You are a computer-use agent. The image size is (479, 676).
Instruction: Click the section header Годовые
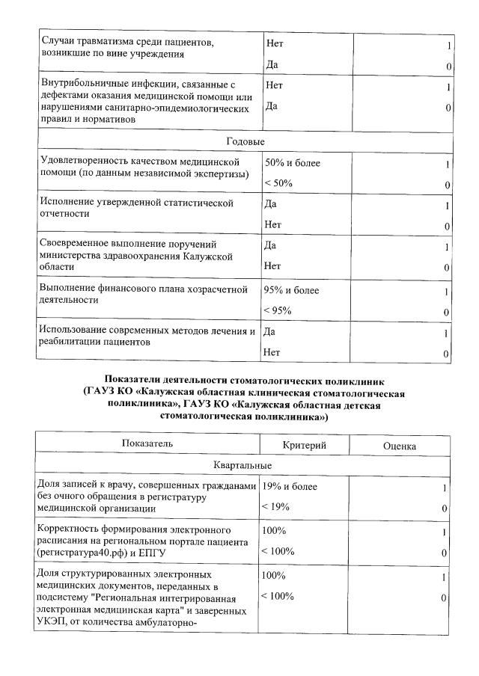[245, 141]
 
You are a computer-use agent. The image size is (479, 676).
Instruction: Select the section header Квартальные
[245, 466]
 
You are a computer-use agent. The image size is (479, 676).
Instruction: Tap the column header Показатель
[147, 444]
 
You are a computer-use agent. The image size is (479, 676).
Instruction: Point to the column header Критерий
[304, 445]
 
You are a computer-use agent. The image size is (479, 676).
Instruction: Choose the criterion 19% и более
[289, 488]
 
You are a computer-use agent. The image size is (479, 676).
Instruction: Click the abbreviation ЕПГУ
[156, 552]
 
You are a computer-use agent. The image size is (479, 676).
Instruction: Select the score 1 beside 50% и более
[447, 164]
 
